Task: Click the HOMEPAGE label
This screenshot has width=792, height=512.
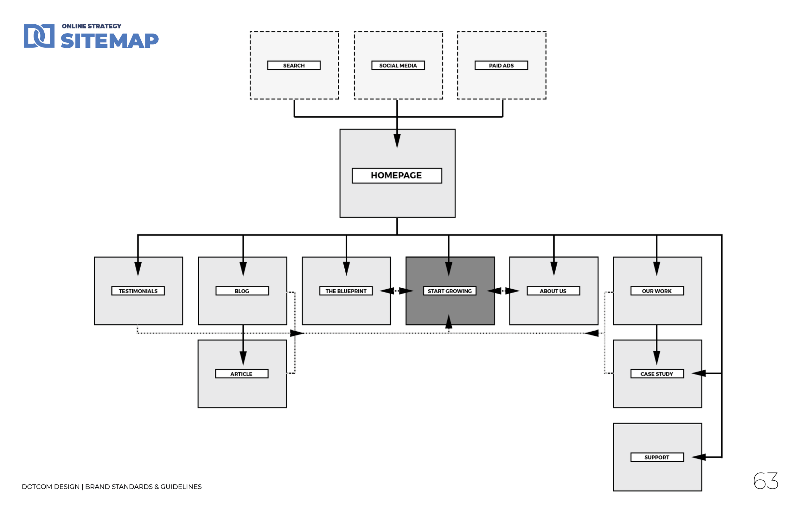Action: click(397, 176)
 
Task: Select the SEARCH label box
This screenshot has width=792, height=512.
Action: click(294, 66)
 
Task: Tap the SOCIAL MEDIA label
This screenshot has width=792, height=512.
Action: click(398, 66)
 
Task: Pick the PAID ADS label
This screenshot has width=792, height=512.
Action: click(501, 66)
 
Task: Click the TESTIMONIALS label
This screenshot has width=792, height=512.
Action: click(138, 291)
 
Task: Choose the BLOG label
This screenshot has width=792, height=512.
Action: click(242, 291)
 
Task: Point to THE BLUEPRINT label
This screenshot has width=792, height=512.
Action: click(346, 291)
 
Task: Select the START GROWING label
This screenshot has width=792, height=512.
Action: click(450, 291)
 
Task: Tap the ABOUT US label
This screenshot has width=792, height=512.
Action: click(553, 291)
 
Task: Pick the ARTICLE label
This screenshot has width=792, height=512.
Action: click(242, 374)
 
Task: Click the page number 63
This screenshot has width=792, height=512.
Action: click(765, 481)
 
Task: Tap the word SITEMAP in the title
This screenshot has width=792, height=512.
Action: click(110, 41)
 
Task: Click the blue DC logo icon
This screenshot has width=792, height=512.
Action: click(39, 36)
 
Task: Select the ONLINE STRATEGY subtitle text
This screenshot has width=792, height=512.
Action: click(92, 26)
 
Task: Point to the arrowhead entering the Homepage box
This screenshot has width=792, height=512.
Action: click(397, 140)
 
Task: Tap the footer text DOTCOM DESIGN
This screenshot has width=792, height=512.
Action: click(51, 487)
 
